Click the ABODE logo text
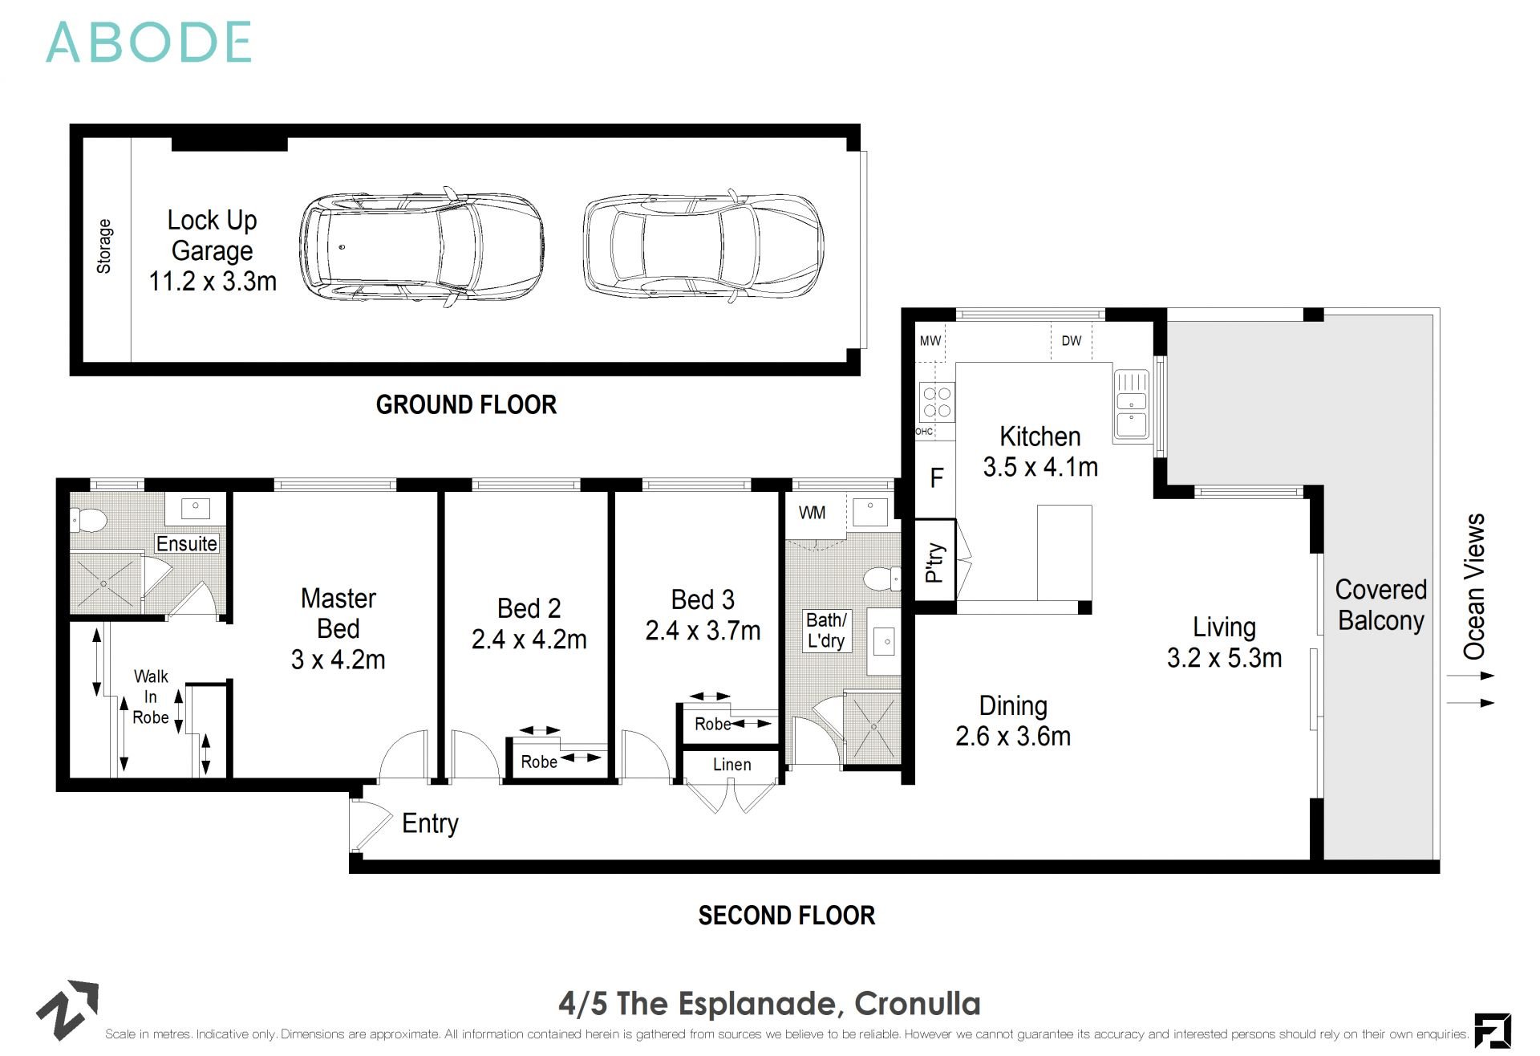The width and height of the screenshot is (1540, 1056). click(149, 43)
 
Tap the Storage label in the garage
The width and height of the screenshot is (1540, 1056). click(104, 246)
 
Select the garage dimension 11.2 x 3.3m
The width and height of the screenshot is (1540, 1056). click(213, 282)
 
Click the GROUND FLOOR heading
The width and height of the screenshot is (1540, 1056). click(466, 404)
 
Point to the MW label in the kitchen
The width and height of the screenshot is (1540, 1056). click(930, 341)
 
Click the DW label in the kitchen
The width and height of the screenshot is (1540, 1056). click(1071, 341)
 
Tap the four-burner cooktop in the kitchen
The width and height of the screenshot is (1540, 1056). click(936, 402)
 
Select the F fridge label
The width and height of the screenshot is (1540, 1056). click(936, 479)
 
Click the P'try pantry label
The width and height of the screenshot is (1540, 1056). click(935, 561)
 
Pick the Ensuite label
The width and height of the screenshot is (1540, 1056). click(186, 544)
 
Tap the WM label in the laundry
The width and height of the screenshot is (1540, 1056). click(812, 513)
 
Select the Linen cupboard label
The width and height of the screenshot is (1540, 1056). click(731, 765)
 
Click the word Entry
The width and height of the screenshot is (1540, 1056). click(430, 823)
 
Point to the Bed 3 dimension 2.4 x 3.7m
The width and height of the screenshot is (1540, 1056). click(703, 631)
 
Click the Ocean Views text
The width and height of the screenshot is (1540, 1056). click(1474, 587)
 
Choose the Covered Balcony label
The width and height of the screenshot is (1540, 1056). click(1380, 605)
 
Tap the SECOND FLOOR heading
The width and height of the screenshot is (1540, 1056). click(786, 916)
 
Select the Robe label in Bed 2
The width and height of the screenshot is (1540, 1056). click(539, 762)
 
